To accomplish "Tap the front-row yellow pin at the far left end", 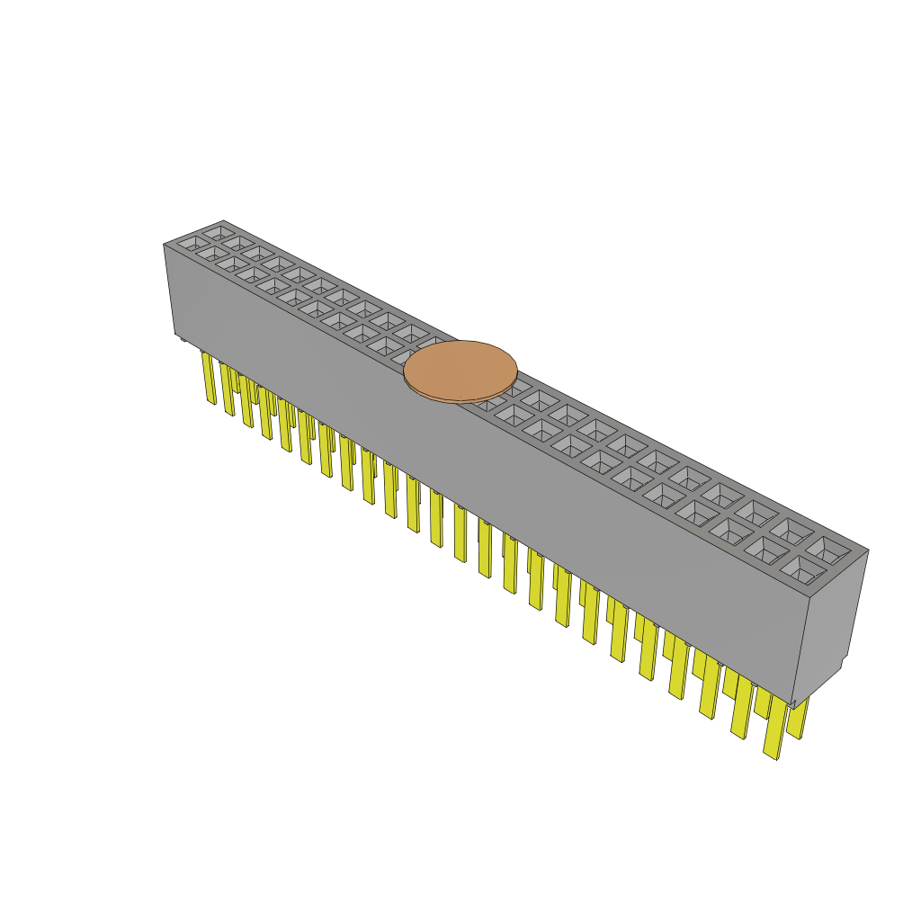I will (209, 378).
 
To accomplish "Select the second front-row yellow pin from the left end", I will (227, 389).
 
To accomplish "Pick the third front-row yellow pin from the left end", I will (246, 401).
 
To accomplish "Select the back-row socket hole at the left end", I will (217, 232).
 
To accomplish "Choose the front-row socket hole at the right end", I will (802, 568).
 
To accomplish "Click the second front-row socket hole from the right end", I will (765, 550).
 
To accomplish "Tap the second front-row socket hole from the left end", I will (212, 255).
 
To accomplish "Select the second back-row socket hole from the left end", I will (237, 243).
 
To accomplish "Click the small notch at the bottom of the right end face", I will (836, 669).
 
